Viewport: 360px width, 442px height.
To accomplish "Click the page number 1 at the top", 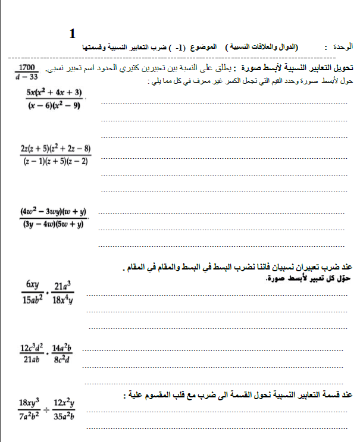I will pyautogui.click(x=72, y=33).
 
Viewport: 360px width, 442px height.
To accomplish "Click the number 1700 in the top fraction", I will pyautogui.click(x=27, y=67).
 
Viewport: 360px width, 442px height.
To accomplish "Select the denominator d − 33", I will pyautogui.click(x=27, y=76).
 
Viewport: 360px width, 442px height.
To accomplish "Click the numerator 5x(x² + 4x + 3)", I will pyautogui.click(x=54, y=92).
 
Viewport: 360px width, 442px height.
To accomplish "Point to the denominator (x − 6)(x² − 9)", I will pyautogui.click(x=53, y=105).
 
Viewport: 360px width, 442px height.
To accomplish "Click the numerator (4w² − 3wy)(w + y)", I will pyautogui.click(x=53, y=211).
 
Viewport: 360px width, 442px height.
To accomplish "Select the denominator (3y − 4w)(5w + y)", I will pyautogui.click(x=53, y=224).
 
